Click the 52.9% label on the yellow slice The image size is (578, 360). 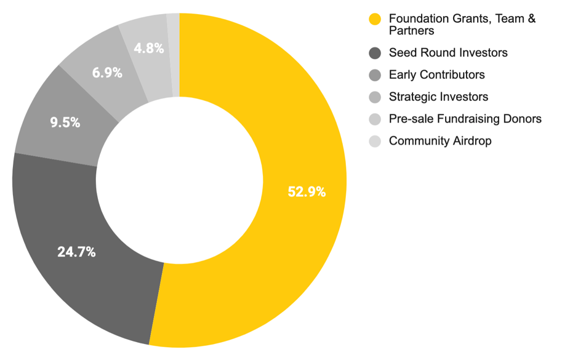click(x=307, y=192)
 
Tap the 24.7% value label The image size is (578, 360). click(x=76, y=252)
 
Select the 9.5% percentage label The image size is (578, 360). click(x=65, y=122)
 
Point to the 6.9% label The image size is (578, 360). click(x=107, y=73)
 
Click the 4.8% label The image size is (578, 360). click(x=149, y=48)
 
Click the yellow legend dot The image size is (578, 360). click(x=375, y=20)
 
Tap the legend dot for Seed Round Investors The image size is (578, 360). click(x=375, y=53)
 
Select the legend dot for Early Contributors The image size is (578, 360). click(x=375, y=75)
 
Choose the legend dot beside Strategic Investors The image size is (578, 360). click(x=375, y=97)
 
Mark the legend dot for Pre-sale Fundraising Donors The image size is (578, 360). click(x=375, y=119)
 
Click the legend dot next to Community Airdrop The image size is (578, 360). click(x=375, y=142)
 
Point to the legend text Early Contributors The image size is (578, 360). click(x=436, y=75)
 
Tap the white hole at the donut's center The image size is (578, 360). click(x=179, y=180)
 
